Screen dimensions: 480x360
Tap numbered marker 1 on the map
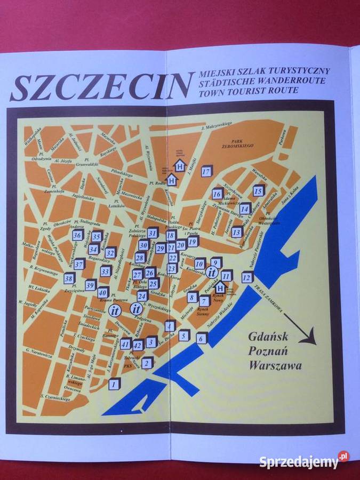tap(114, 383)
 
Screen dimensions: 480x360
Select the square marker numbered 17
tap(206, 171)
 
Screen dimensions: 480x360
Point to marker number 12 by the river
tap(246, 277)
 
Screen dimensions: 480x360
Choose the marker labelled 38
tap(69, 278)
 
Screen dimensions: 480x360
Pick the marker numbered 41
tap(125, 344)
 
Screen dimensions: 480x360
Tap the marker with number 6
tap(201, 338)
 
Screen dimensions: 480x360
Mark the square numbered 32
tap(110, 253)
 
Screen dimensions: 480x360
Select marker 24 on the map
tap(142, 296)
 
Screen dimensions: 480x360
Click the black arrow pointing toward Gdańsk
tap(301, 331)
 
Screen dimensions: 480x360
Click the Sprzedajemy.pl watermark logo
tap(305, 461)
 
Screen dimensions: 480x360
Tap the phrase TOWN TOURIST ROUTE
tap(248, 91)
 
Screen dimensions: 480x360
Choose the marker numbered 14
tap(245, 209)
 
